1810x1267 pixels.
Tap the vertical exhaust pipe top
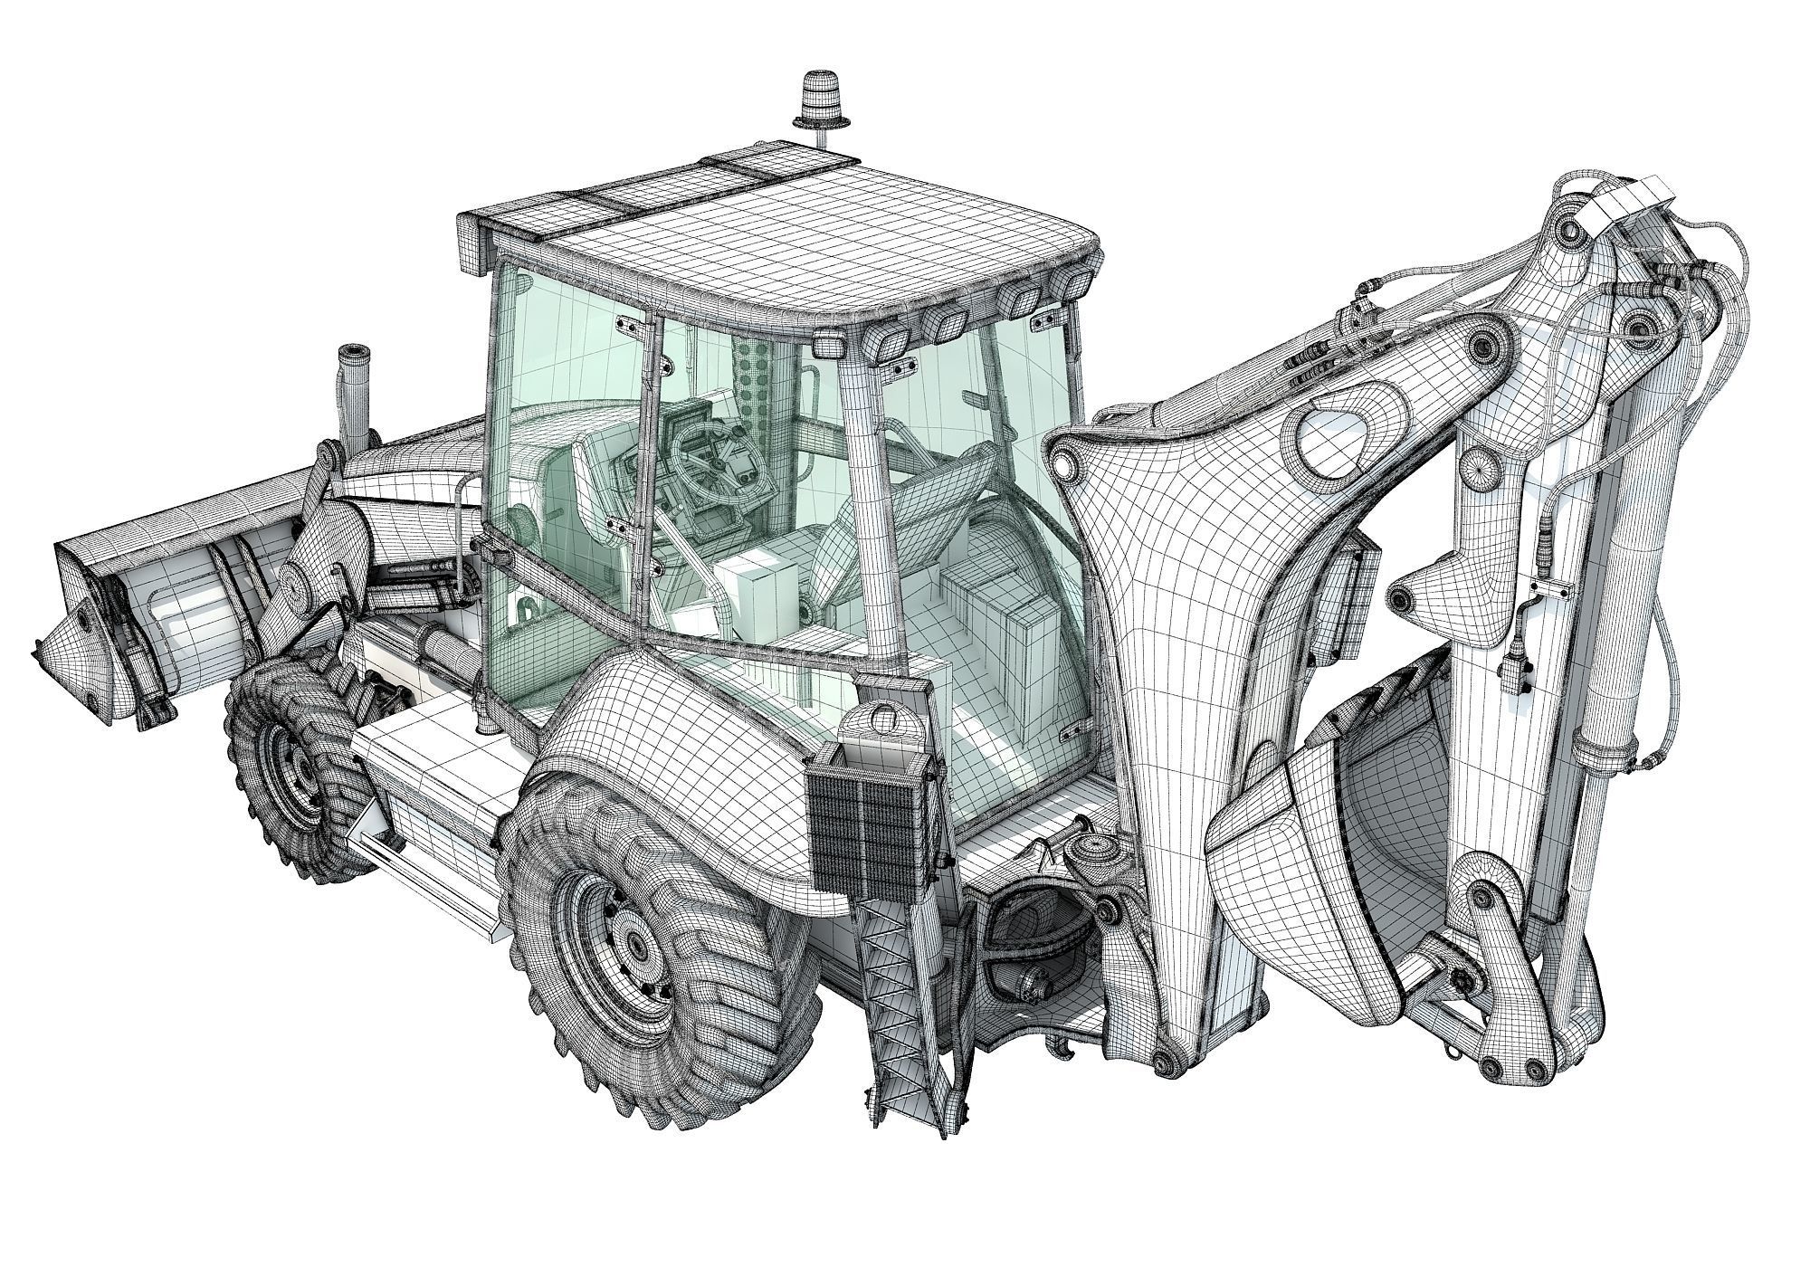pyautogui.click(x=352, y=356)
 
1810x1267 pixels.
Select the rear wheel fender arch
pyautogui.click(x=688, y=724)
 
